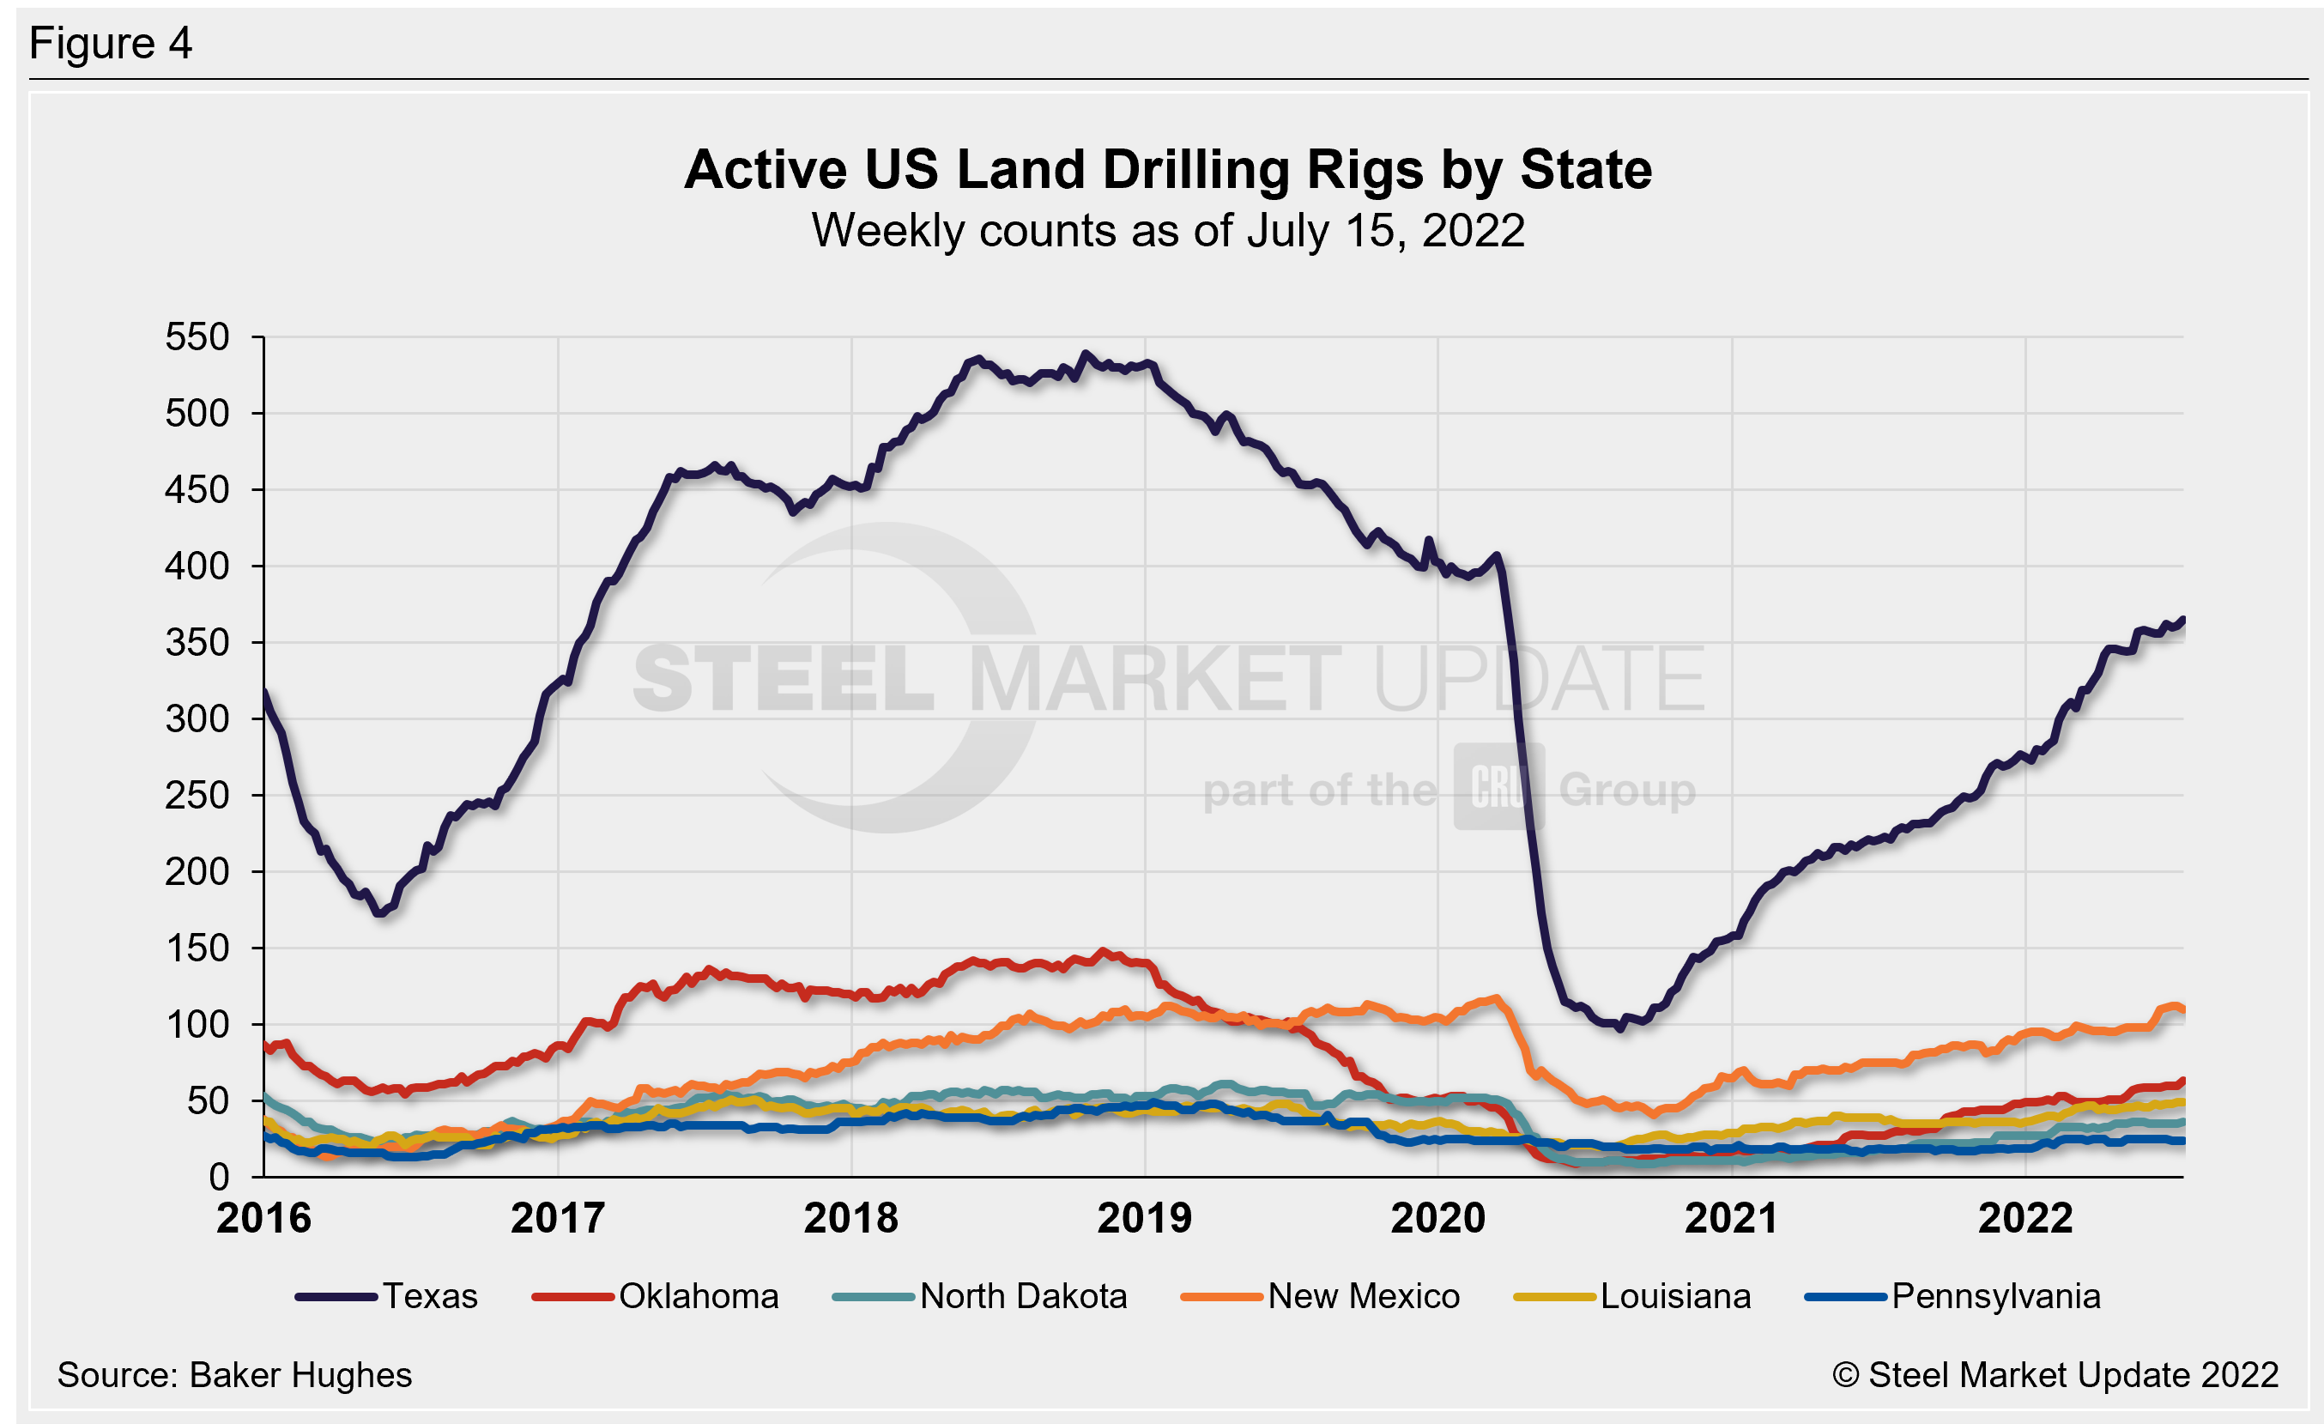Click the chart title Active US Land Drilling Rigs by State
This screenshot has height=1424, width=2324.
[x=1168, y=170]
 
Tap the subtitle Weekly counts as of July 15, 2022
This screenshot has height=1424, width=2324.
[x=1168, y=231]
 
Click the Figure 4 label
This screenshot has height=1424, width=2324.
[x=111, y=44]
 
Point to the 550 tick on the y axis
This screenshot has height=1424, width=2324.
[x=197, y=337]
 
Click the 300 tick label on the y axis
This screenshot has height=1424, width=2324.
[x=197, y=719]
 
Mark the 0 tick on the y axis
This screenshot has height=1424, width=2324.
[x=219, y=1177]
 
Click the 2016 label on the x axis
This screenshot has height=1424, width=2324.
[x=264, y=1218]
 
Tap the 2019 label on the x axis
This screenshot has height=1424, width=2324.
[x=1144, y=1218]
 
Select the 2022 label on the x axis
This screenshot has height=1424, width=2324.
[x=2025, y=1218]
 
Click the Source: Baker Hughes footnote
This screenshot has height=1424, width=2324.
[x=234, y=1375]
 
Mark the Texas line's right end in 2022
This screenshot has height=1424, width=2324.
[x=2182, y=620]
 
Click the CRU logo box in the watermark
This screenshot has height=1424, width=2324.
[x=1498, y=786]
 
